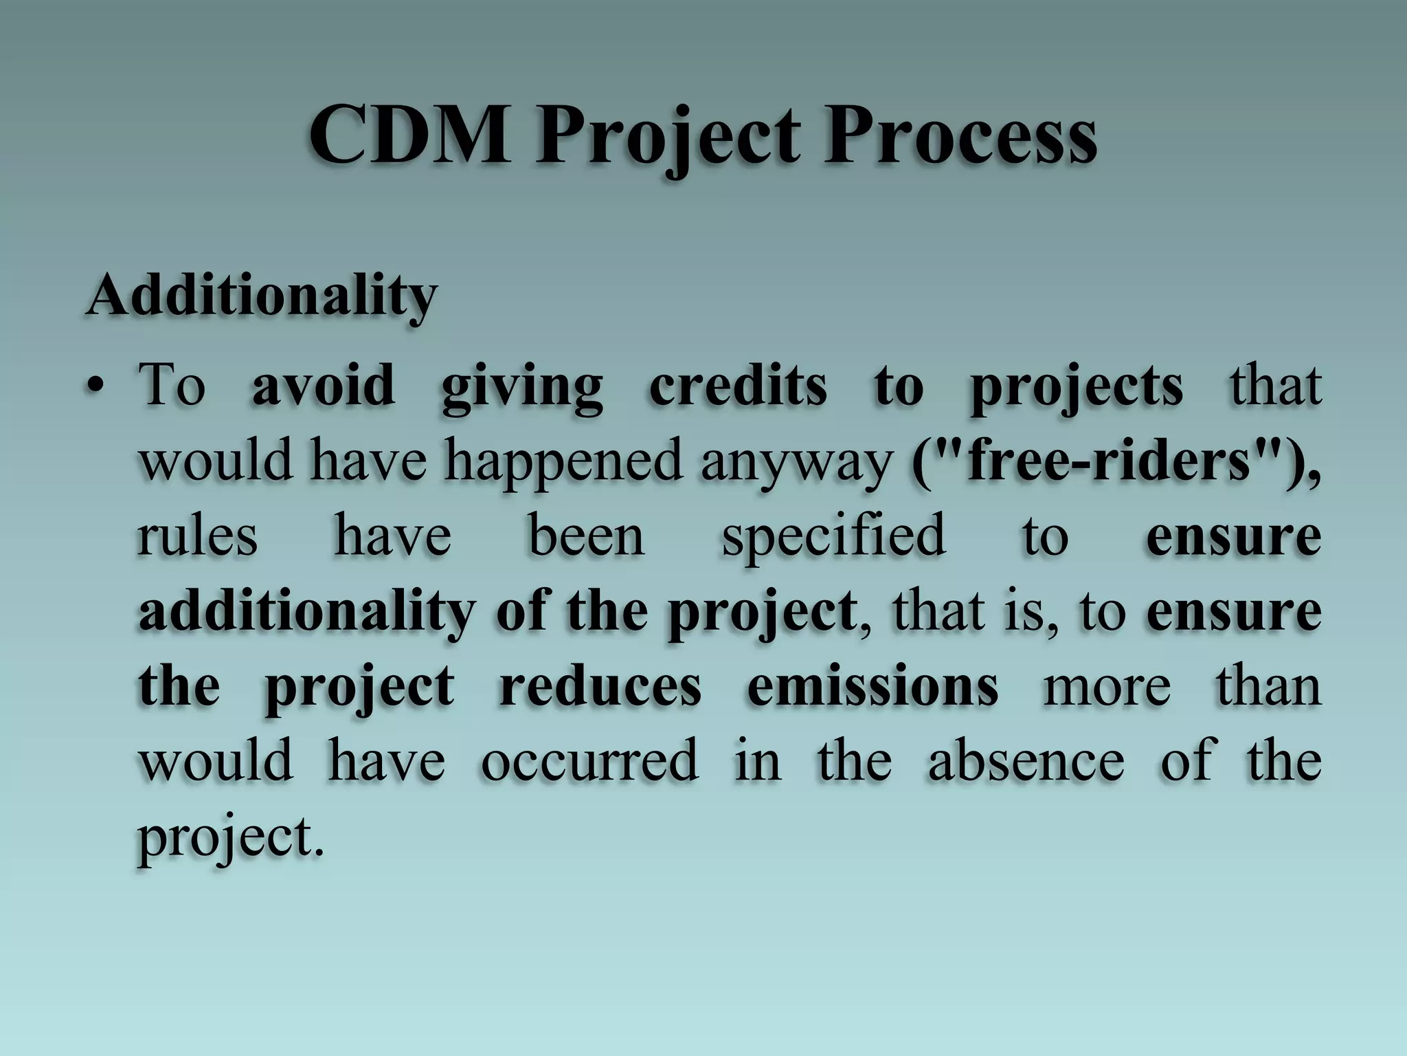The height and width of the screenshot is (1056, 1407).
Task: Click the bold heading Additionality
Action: click(262, 295)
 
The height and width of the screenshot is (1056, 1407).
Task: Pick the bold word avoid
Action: click(323, 385)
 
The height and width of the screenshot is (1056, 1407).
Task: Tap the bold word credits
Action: click(738, 385)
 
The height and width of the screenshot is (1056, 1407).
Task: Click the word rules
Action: click(197, 536)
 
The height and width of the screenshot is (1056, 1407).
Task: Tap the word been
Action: click(586, 536)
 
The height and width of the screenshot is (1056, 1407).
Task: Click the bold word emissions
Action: click(873, 686)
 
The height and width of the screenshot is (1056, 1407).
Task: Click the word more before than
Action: click(1107, 686)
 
